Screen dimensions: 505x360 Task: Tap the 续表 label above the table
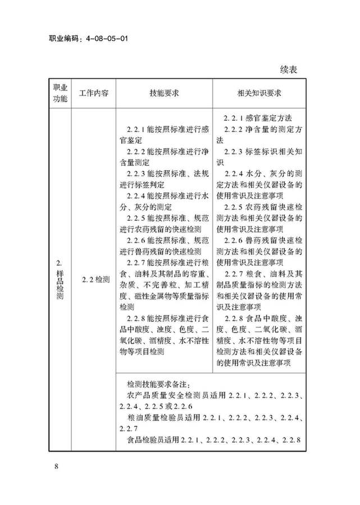tap(290, 70)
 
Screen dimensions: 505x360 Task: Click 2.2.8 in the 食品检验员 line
tap(293, 439)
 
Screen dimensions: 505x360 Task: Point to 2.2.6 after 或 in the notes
tap(183, 406)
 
